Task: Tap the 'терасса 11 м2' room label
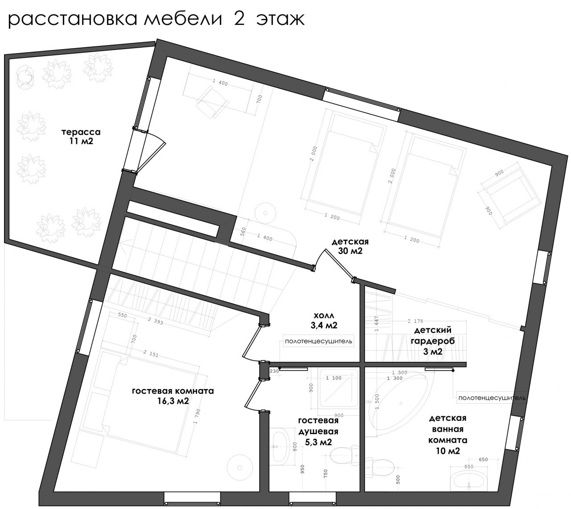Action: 81,137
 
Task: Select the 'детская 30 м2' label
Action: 350,246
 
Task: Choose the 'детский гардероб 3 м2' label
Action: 433,341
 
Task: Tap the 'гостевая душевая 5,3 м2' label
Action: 318,431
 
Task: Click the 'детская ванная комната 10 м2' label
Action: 447,435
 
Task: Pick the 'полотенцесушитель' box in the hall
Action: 319,341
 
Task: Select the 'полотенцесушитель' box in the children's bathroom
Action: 492,398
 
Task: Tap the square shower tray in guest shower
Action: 338,390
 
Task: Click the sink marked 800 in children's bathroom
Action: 468,482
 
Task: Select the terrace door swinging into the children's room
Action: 149,151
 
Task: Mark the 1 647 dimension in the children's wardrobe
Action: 377,323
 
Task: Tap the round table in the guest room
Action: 240,467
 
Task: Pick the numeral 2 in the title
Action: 239,20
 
